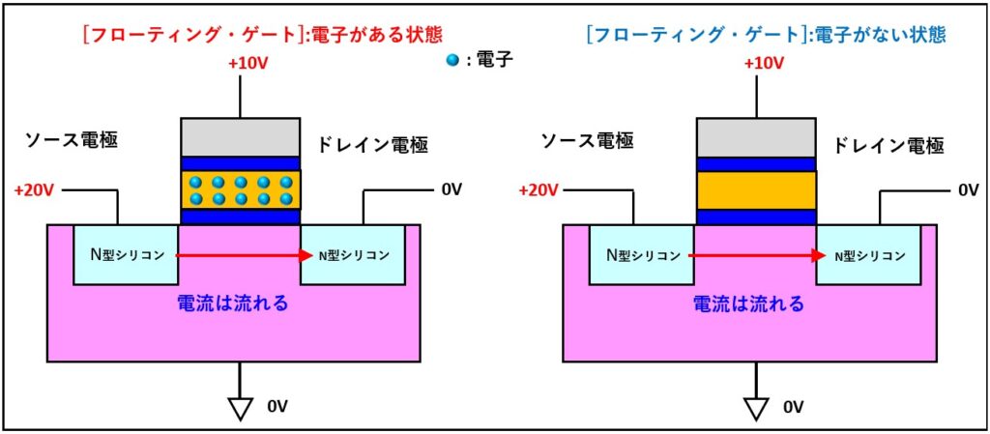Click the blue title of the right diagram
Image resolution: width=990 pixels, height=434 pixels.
766,35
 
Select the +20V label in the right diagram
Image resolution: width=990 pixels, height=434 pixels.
539,190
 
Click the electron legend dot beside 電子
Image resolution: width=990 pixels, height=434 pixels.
451,60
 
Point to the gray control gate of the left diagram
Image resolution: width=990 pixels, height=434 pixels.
241,136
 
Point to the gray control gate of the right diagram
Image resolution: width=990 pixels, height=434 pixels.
756,136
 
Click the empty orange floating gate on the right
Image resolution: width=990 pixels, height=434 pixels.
756,189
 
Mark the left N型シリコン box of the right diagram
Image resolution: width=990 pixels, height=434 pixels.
641,255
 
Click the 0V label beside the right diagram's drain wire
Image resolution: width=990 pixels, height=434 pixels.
968,190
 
